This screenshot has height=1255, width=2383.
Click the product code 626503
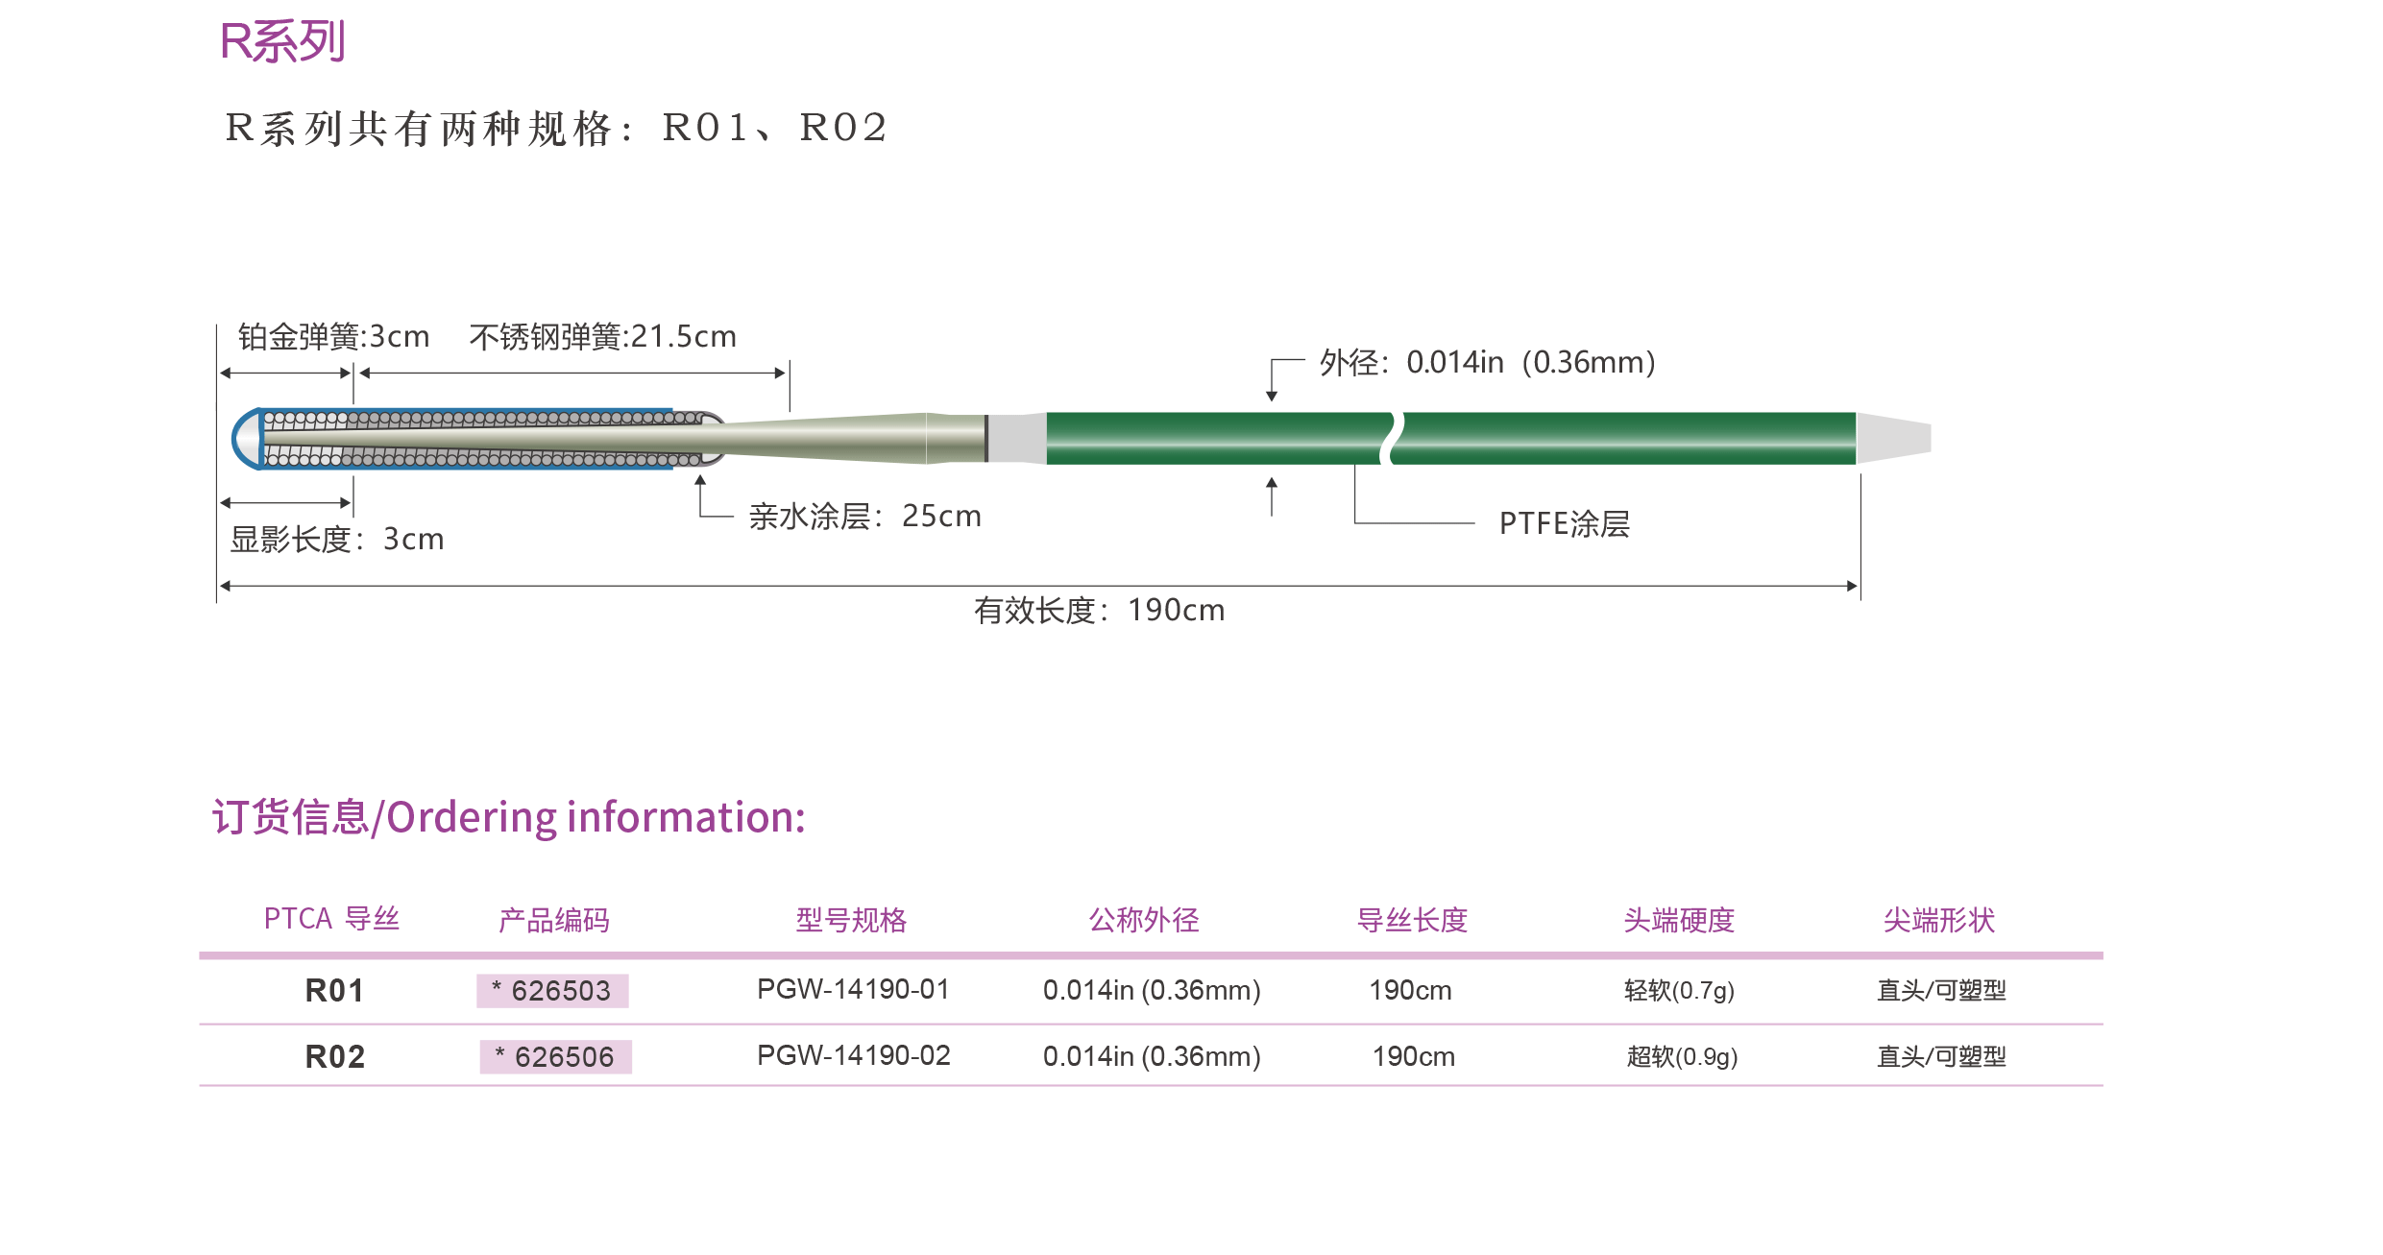[x=552, y=990]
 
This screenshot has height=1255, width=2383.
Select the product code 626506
[x=556, y=1056]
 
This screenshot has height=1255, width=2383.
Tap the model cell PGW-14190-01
[x=853, y=989]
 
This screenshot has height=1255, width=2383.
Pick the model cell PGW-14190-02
[x=853, y=1055]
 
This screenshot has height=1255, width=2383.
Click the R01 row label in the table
[x=334, y=990]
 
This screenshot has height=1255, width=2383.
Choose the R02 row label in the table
[x=334, y=1056]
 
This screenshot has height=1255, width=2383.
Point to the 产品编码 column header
[x=553, y=920]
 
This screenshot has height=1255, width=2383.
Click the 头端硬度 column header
[x=1678, y=920]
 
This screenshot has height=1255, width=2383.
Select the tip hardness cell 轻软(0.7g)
[x=1678, y=990]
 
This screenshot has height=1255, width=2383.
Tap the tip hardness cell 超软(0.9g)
[x=1681, y=1056]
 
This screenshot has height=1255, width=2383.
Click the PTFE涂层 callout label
[x=1564, y=523]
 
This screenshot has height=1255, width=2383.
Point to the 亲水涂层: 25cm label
[x=864, y=517]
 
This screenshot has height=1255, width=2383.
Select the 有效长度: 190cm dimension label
[x=1099, y=610]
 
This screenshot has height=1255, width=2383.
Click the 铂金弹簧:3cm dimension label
[x=333, y=337]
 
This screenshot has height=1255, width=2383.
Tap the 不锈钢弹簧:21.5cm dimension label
[x=602, y=337]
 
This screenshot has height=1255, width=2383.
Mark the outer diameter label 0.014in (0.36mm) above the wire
[x=1487, y=362]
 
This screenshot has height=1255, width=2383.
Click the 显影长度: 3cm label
[x=336, y=539]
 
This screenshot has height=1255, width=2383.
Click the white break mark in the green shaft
[x=1391, y=438]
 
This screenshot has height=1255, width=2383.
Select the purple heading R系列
[x=281, y=41]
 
